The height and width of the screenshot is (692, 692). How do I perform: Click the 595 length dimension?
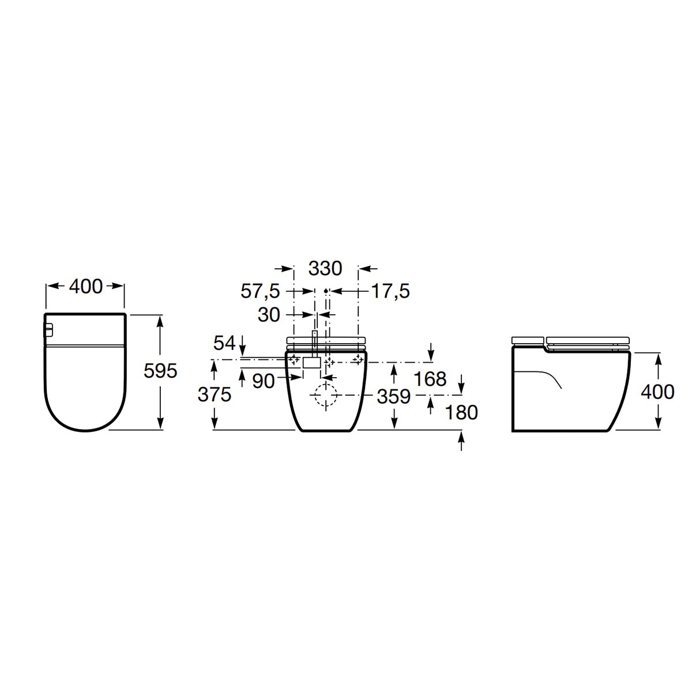(x=160, y=371)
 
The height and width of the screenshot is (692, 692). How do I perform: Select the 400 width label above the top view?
(x=85, y=286)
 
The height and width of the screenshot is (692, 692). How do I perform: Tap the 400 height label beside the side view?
(x=657, y=392)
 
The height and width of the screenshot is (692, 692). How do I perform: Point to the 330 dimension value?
(x=325, y=268)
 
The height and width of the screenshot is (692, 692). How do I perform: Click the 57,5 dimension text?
(x=260, y=292)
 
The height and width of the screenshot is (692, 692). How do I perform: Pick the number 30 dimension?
(x=269, y=315)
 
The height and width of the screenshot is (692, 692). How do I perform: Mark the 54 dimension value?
(x=225, y=344)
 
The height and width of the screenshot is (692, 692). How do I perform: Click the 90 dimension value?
(x=264, y=381)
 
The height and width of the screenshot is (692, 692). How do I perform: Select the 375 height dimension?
(x=214, y=394)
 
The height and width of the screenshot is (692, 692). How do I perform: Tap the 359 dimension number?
(x=394, y=396)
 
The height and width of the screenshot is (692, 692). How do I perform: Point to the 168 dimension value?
(x=430, y=379)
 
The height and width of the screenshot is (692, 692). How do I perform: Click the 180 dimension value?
(x=461, y=412)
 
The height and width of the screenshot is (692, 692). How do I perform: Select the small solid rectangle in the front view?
(x=312, y=363)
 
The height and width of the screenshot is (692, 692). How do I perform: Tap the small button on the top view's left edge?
(x=49, y=330)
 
